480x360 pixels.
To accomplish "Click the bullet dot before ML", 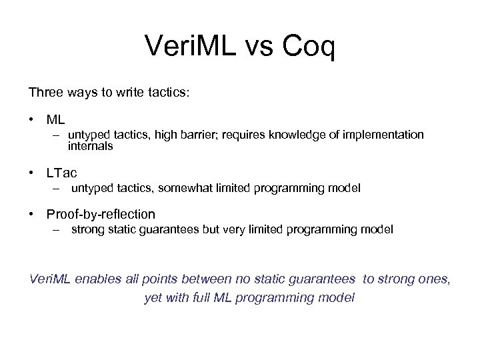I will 31,120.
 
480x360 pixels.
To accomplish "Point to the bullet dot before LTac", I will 31,173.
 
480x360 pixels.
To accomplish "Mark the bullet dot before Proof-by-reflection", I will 31,215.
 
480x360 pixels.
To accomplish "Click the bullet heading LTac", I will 62,173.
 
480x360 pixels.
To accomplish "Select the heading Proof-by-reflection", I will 101,215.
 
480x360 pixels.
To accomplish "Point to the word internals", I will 90,146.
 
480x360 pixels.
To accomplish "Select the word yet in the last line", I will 153,297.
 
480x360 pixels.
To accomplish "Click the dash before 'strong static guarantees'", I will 58,230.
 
